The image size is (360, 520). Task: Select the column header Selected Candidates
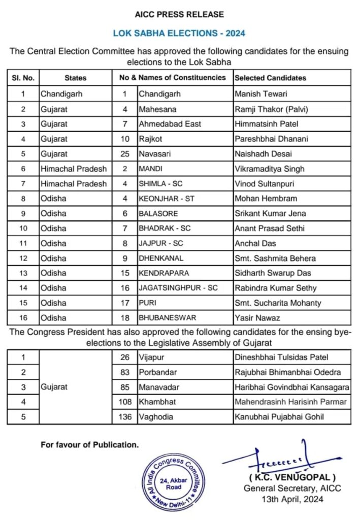tap(270, 78)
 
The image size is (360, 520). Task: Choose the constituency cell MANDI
tap(151, 169)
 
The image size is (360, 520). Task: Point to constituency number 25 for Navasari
tap(124, 153)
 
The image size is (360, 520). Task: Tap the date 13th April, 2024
tap(291, 499)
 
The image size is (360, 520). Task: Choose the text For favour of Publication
tap(89, 445)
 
